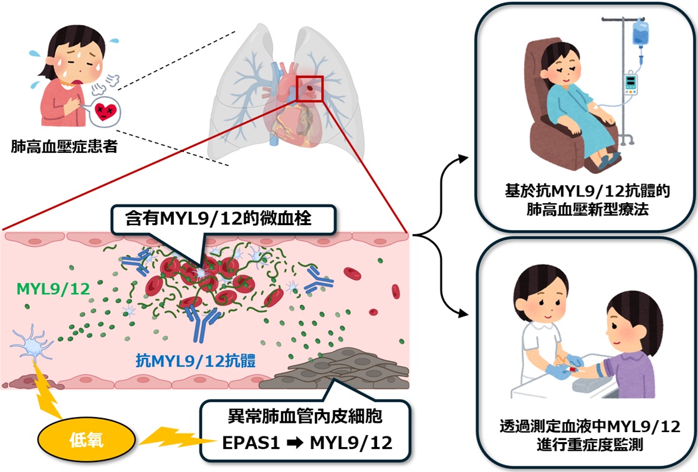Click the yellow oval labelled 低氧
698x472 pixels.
coord(86,440)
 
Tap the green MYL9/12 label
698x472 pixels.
coord(53,289)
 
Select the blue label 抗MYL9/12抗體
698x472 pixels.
coord(196,360)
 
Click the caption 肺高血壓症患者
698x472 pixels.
coord(64,147)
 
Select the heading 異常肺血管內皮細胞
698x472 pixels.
coord(305,417)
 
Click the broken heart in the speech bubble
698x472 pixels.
coord(105,112)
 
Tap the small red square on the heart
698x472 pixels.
coord(309,89)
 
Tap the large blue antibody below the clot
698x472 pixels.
coord(203,323)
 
